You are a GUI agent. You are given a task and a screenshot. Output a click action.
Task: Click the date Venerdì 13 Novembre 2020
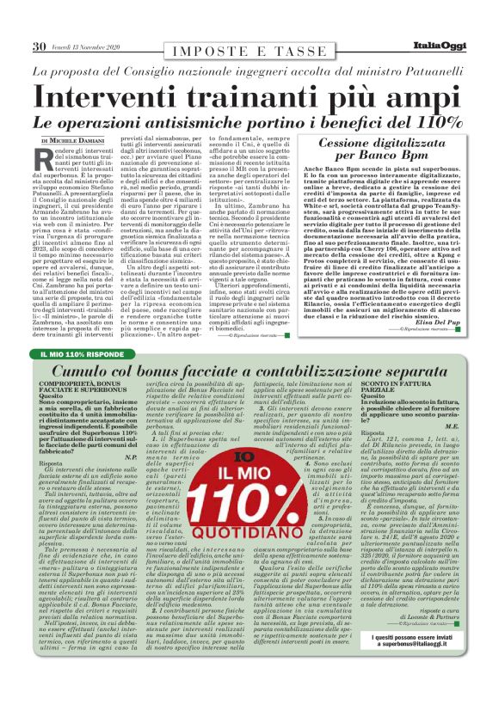pyautogui.click(x=94, y=46)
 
